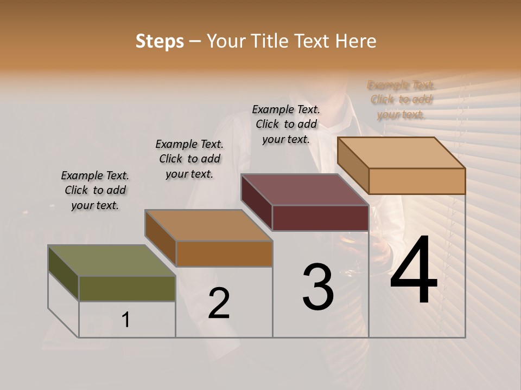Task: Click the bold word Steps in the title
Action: pyautogui.click(x=160, y=41)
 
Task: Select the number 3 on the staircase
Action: pyautogui.click(x=318, y=287)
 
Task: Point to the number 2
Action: pyautogui.click(x=219, y=303)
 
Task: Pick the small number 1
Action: pyautogui.click(x=126, y=320)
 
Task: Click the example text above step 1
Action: pyautogui.click(x=95, y=190)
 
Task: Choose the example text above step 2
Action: pyautogui.click(x=189, y=159)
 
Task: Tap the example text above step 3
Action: pyautogui.click(x=286, y=124)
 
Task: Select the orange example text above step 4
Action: pyautogui.click(x=402, y=100)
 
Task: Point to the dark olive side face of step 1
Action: pyautogui.click(x=63, y=273)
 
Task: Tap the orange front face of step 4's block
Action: pyautogui.click(x=417, y=181)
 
